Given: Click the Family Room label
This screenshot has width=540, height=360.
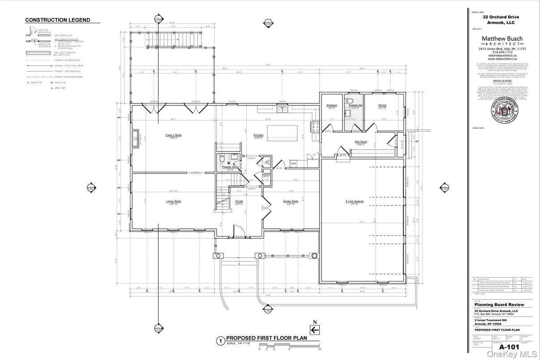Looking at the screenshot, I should [173, 135].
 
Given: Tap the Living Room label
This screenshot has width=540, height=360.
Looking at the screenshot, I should [173, 201].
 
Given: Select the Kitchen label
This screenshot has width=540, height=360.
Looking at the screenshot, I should [258, 135].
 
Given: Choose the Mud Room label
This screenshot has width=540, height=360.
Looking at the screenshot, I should [360, 142].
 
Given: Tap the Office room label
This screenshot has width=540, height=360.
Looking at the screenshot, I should [382, 105].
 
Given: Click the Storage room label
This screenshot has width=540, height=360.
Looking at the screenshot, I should [331, 105].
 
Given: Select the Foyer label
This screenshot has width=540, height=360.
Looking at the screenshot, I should [239, 201].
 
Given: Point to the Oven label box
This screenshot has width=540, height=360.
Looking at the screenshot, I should [294, 163].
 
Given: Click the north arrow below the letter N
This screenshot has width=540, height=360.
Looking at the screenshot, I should [315, 330].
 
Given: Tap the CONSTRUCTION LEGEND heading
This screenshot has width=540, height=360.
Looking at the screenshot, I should [57, 20].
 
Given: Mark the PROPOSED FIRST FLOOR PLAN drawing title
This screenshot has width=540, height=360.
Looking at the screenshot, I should [266, 338].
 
